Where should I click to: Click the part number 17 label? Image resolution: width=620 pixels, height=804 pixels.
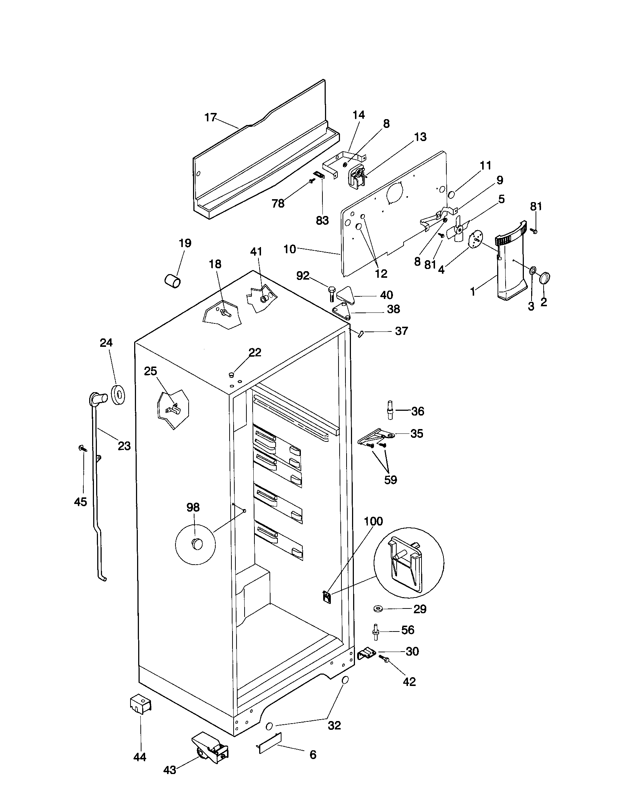point(210,118)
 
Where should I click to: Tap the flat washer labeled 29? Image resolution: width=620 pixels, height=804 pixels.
point(378,608)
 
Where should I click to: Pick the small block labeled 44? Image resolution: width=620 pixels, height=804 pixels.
point(141,704)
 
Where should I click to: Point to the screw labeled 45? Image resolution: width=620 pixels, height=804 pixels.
point(82,448)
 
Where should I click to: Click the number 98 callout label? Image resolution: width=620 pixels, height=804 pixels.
point(193,507)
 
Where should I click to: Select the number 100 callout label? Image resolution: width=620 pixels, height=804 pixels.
point(373,521)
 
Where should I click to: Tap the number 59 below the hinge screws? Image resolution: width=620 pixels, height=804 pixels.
point(391,480)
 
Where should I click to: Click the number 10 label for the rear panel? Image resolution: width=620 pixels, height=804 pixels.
point(290,249)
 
